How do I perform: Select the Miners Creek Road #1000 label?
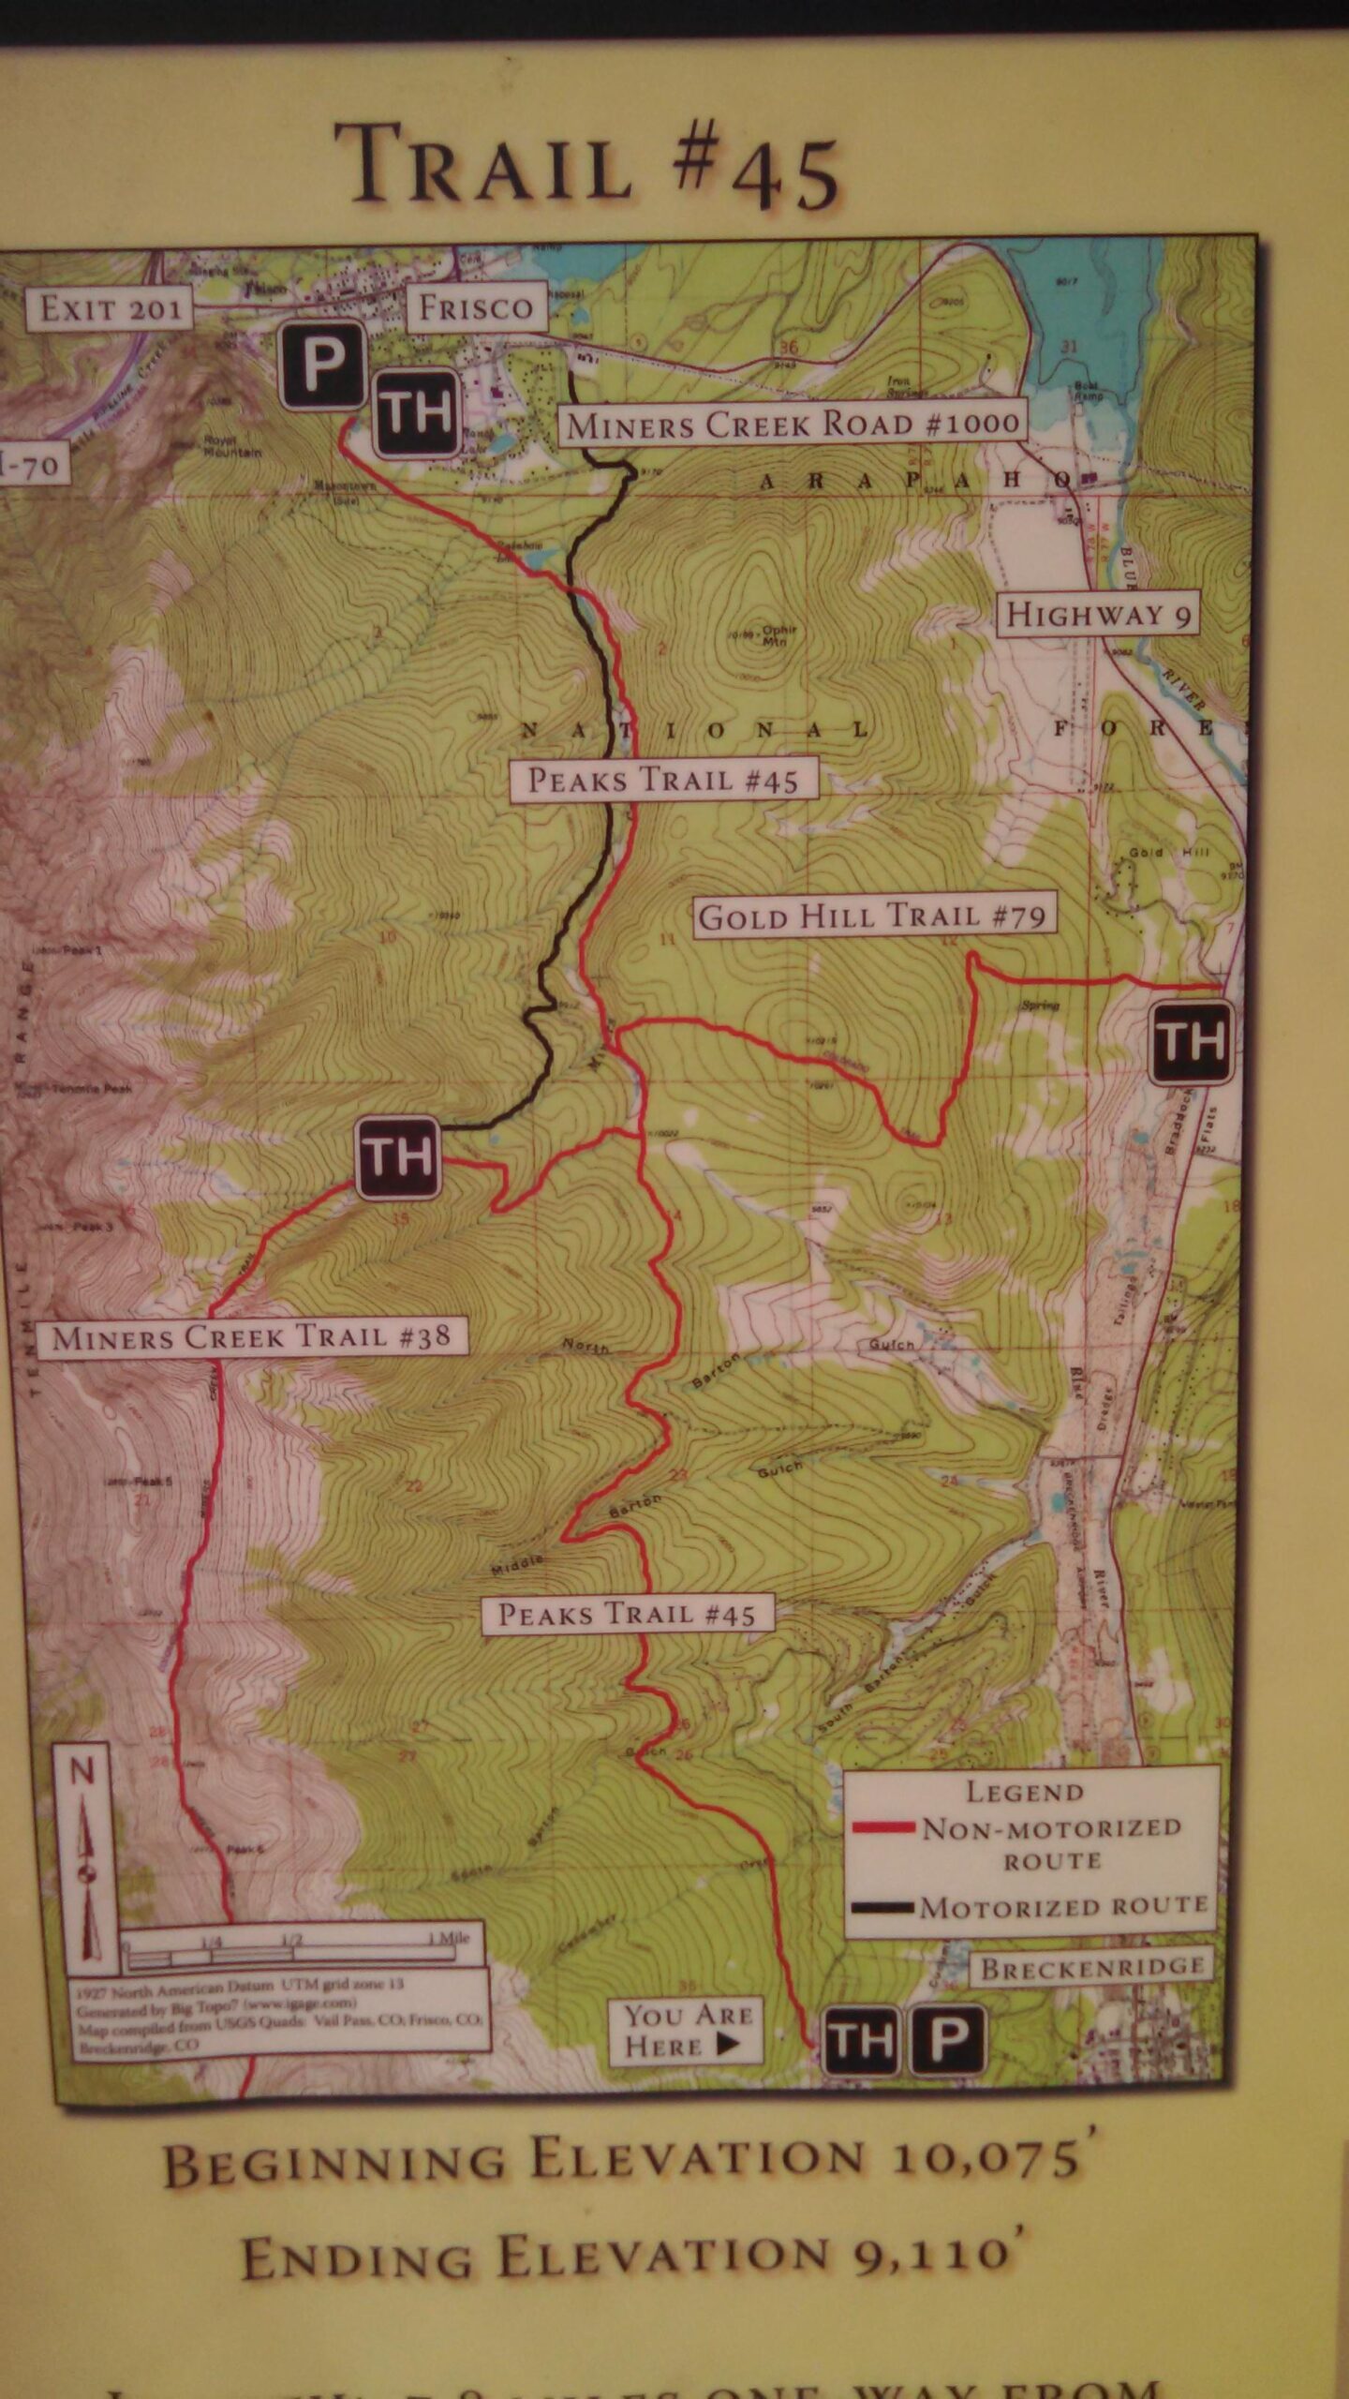pyautogui.click(x=793, y=425)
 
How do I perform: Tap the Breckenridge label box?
pyautogui.click(x=1092, y=1966)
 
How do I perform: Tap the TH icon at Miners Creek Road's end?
pyautogui.click(x=397, y=1157)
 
